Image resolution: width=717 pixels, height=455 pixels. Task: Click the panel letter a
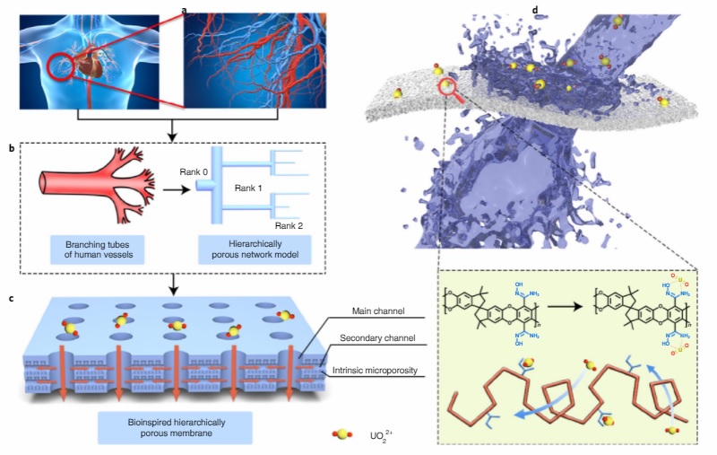[185, 11]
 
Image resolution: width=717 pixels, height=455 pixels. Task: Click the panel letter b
[13, 146]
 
